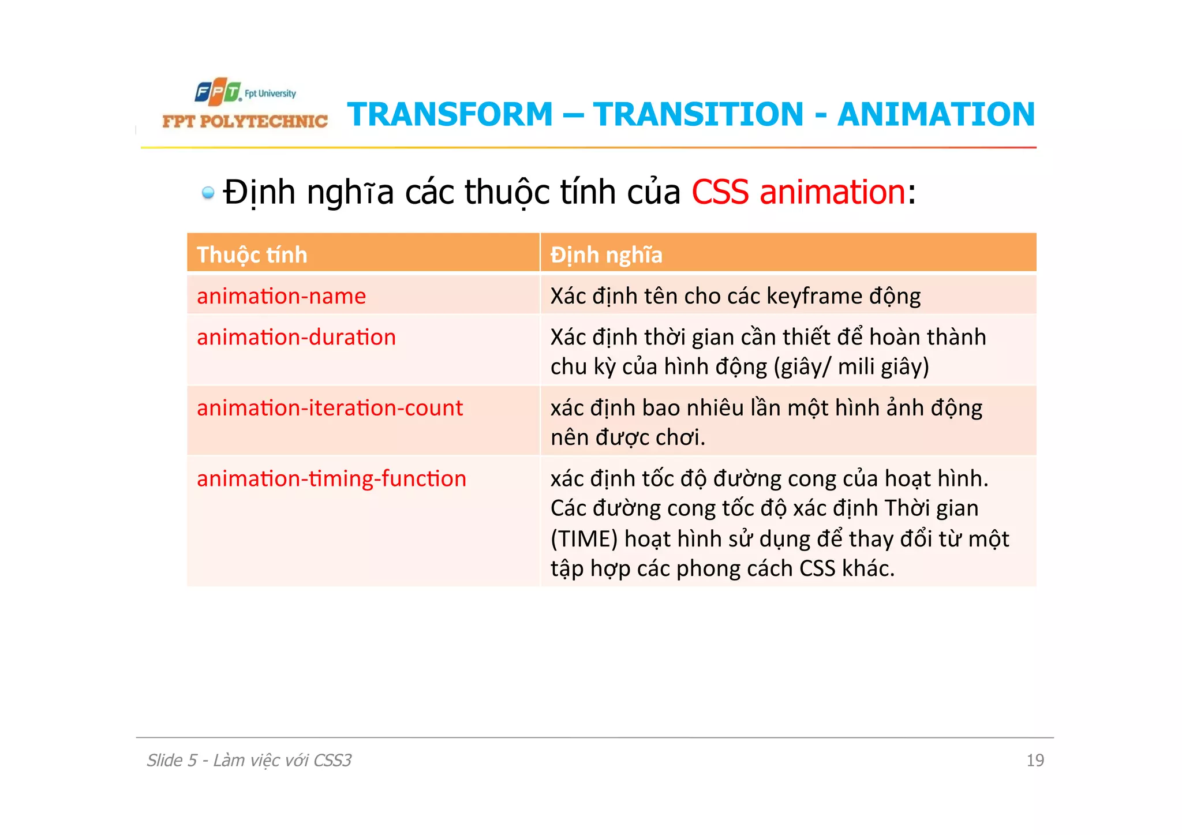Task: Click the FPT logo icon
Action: pos(217,92)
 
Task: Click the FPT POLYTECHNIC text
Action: pos(245,121)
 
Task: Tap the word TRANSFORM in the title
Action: pos(450,114)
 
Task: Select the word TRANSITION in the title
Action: pos(698,114)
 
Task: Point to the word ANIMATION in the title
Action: pos(936,114)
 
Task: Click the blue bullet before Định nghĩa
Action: pos(208,193)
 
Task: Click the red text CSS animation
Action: pos(799,192)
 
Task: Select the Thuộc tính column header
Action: pos(252,254)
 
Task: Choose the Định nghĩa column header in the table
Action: pos(606,254)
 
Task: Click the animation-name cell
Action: pos(281,296)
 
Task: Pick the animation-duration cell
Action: pos(296,337)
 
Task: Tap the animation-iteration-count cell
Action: pos(330,408)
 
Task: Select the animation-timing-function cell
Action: pos(331,479)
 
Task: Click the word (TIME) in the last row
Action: pos(584,539)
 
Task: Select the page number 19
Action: pos(1035,761)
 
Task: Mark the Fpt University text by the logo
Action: pos(270,93)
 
